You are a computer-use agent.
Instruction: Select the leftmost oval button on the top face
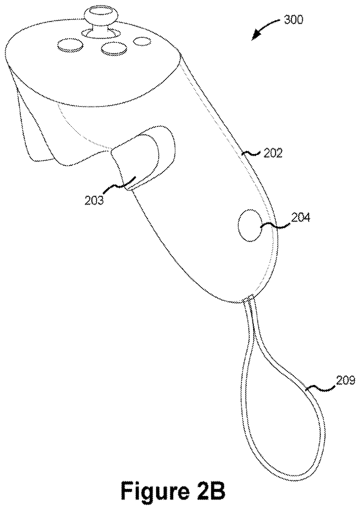click(70, 45)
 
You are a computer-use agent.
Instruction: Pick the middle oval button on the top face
click(114, 48)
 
